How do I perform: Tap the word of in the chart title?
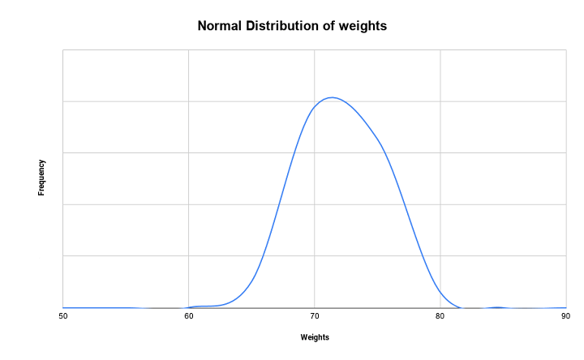(333, 26)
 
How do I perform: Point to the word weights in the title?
(365, 26)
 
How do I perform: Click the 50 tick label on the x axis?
(62, 315)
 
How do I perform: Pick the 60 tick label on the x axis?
(188, 315)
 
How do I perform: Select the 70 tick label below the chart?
(315, 315)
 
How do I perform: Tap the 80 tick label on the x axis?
(440, 315)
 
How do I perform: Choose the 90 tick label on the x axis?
(566, 315)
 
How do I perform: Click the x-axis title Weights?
(315, 336)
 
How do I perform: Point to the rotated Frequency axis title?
(41, 178)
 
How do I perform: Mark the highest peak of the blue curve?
(332, 97)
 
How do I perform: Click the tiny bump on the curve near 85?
(497, 307)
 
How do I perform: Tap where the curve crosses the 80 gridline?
(440, 292)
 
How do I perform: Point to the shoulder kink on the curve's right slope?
(380, 144)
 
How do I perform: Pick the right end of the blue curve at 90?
(565, 308)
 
